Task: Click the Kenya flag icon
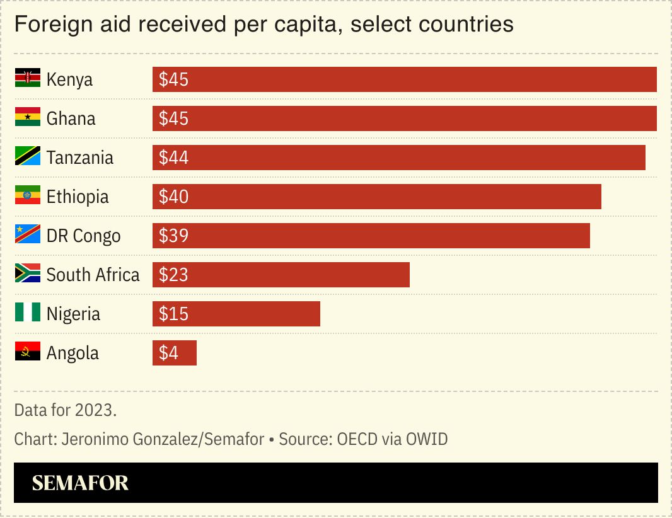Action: pos(27,79)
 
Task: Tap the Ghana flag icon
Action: pos(27,118)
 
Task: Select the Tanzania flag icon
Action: pos(27,157)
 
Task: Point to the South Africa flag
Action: pos(27,274)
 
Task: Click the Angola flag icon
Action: pos(27,352)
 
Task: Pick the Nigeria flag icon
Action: pos(27,313)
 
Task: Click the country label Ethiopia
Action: pos(78,197)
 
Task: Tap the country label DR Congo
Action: pos(83,236)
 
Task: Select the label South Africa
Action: pos(93,275)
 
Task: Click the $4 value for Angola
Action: pos(168,353)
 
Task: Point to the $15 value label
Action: pos(173,314)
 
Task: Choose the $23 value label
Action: pos(173,275)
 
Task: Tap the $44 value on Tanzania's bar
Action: pos(173,158)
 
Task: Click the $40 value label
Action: pos(173,197)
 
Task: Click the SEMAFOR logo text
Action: pos(80,483)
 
